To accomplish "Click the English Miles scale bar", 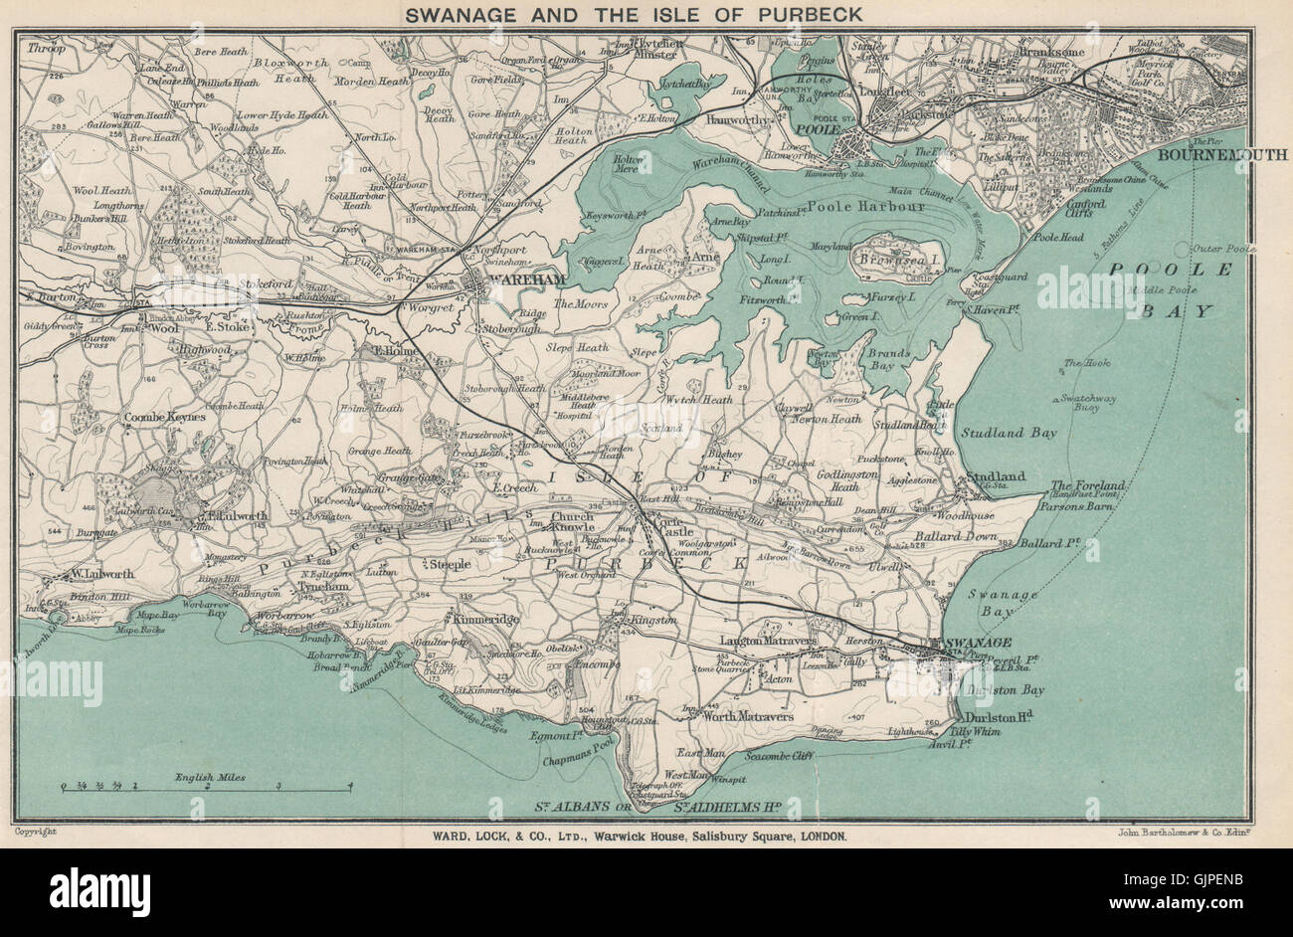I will tap(207, 786).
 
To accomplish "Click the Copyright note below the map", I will tap(36, 830).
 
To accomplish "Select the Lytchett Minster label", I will tap(651, 52).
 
